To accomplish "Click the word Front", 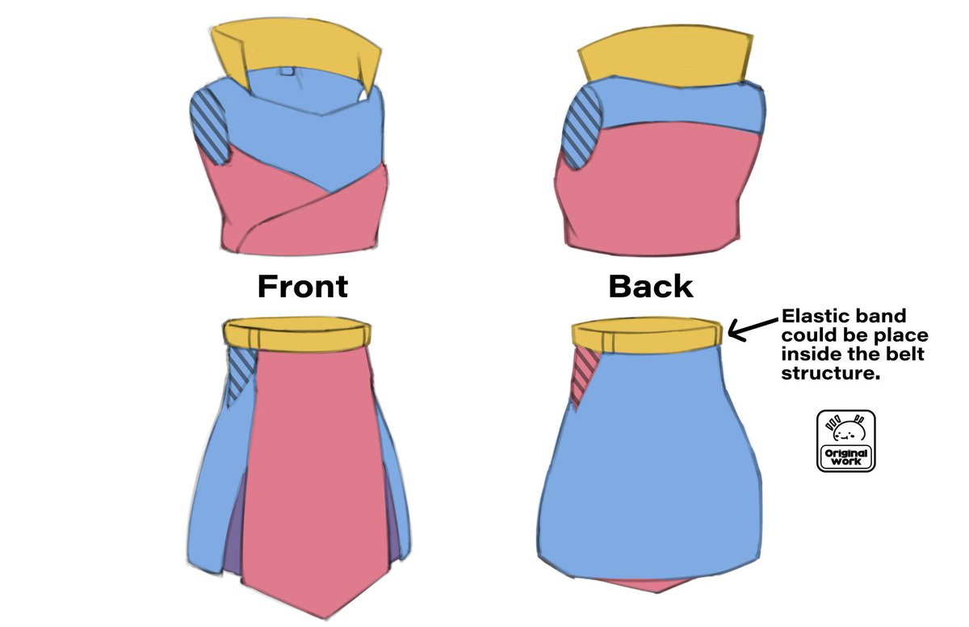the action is pos(303,286).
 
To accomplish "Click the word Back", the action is pos(651,286).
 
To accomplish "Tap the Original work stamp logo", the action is pos(846,440).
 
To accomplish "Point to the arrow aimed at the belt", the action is pos(753,330).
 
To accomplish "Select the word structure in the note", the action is pos(831,373).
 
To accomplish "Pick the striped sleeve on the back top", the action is pos(580,128).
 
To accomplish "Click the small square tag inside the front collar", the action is pos(287,71).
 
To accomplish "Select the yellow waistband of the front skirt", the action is pos(297,334).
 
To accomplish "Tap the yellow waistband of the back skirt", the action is pos(647,335).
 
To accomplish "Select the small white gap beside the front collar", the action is pos(364,95).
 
